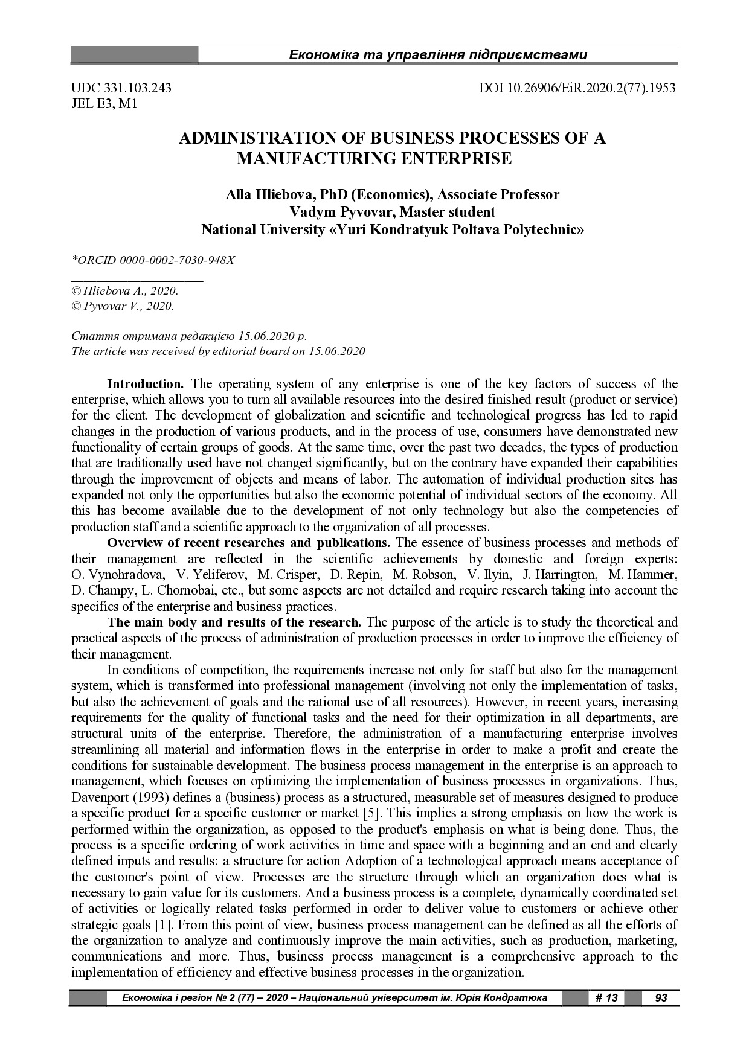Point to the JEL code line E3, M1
click(104, 104)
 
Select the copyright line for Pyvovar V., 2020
click(123, 306)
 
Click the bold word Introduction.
click(145, 384)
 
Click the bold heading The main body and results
click(234, 622)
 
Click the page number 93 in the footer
click(661, 998)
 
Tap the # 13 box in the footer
click(606, 998)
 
